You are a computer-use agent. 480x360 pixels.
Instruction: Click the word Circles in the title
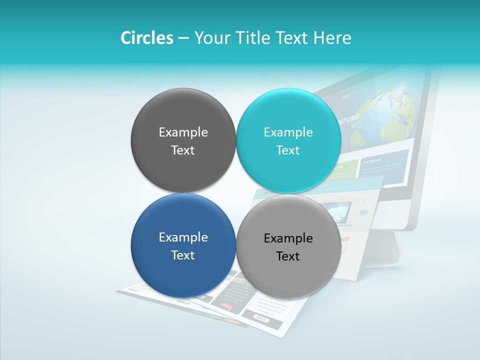pyautogui.click(x=147, y=38)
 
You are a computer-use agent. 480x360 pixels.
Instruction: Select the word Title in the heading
pyautogui.click(x=254, y=38)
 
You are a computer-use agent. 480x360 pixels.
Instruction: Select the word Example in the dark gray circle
pyautogui.click(x=183, y=132)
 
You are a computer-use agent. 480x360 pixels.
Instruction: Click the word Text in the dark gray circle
pyautogui.click(x=183, y=150)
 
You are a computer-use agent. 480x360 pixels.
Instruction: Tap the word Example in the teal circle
pyautogui.click(x=288, y=132)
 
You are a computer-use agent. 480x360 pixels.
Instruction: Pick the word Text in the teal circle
pyautogui.click(x=288, y=150)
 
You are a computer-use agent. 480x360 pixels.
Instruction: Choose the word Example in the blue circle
pyautogui.click(x=183, y=237)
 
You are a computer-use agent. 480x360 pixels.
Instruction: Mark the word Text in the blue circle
pyautogui.click(x=183, y=255)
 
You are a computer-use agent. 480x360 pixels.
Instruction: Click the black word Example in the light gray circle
pyautogui.click(x=288, y=238)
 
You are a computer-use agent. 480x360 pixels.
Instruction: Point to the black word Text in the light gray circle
pyautogui.click(x=288, y=256)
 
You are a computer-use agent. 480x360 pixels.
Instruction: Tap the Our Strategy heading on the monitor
pyautogui.click(x=372, y=161)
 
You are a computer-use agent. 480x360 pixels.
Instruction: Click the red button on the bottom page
pyautogui.click(x=226, y=305)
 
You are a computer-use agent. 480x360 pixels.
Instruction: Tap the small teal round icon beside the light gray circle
pyautogui.click(x=363, y=212)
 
